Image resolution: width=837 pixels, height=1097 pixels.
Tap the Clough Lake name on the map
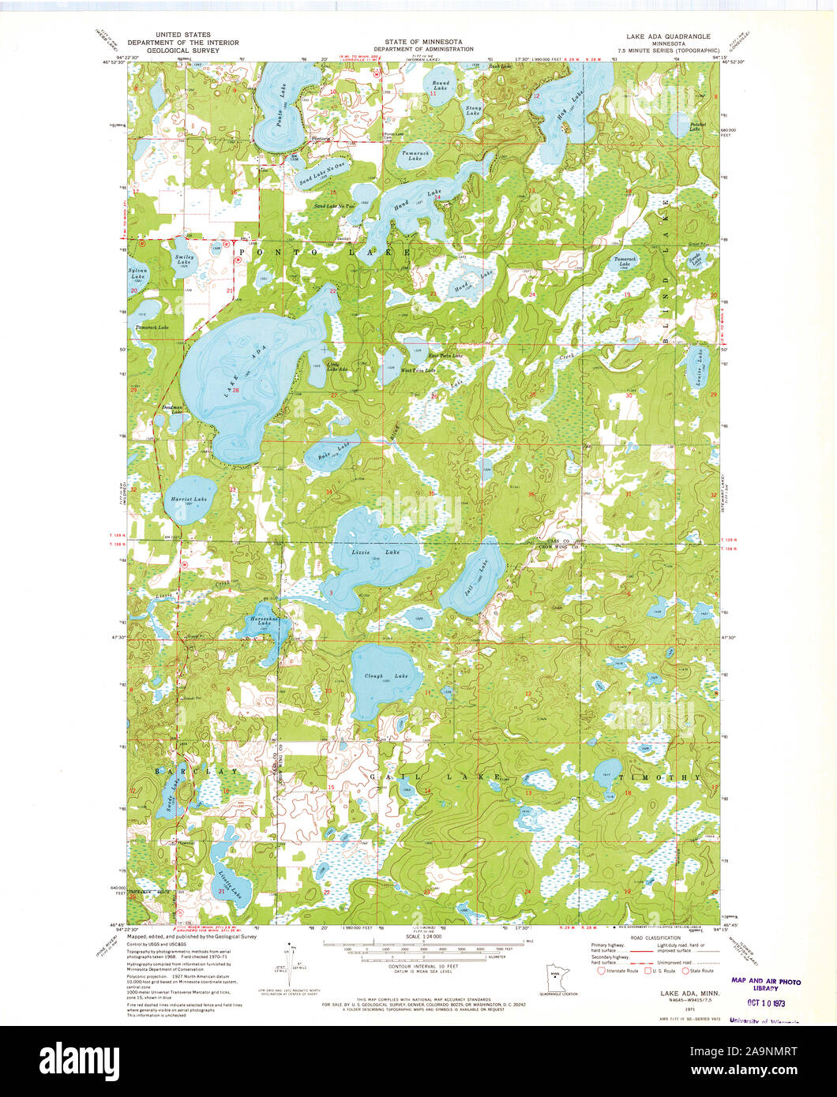[x=385, y=676]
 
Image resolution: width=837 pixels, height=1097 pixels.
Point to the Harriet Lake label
[x=190, y=500]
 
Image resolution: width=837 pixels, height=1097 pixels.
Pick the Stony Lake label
[x=473, y=111]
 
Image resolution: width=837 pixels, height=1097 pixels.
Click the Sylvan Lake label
[x=138, y=274]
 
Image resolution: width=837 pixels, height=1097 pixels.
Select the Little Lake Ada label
[x=336, y=366]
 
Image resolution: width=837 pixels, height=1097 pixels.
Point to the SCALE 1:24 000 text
[x=423, y=937]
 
